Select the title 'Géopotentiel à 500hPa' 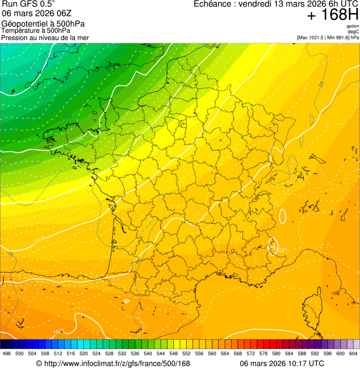(x=43, y=24)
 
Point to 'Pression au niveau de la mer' (x=45, y=37)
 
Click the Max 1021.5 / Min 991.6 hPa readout (x=328, y=37)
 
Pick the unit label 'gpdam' (x=353, y=26)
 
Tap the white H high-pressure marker (x=272, y=246)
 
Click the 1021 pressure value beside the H (x=282, y=250)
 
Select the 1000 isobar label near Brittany (x=78, y=139)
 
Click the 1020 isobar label (x=58, y=332)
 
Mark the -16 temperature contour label (x=10, y=254)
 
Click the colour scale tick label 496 (x=7, y=353)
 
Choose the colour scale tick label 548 (x=174, y=353)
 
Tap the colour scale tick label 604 (x=353, y=353)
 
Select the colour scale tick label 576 (x=264, y=353)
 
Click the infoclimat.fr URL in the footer (x=113, y=363)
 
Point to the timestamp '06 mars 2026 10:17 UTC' (x=282, y=363)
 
